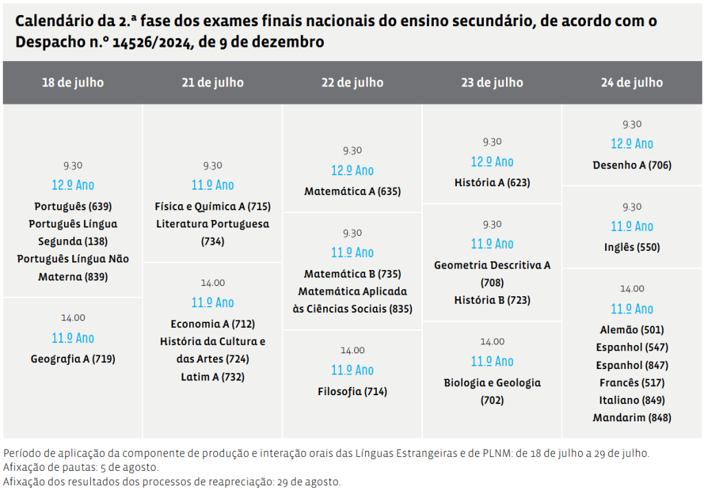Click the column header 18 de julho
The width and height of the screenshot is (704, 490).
click(73, 82)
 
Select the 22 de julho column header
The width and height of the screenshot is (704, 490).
click(352, 82)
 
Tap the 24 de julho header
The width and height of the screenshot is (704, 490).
click(632, 82)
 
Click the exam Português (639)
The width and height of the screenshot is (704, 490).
click(73, 206)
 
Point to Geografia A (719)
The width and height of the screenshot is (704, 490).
click(73, 359)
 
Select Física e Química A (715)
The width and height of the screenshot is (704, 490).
click(212, 206)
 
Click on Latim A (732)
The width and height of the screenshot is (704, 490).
click(212, 377)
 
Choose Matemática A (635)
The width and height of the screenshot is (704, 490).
click(352, 192)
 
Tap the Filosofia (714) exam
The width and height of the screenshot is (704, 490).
click(352, 392)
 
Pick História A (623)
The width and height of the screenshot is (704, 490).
click(492, 183)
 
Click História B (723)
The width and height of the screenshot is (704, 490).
click(492, 300)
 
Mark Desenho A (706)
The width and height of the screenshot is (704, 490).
click(632, 165)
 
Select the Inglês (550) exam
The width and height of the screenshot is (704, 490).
click(632, 247)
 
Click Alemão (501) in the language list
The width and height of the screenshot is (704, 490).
click(632, 330)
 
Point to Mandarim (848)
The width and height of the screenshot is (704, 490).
click(632, 417)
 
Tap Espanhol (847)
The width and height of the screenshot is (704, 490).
click(632, 365)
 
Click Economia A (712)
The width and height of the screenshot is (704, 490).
click(212, 324)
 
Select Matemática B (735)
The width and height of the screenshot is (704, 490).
click(352, 274)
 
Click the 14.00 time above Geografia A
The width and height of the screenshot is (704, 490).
click(73, 318)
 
